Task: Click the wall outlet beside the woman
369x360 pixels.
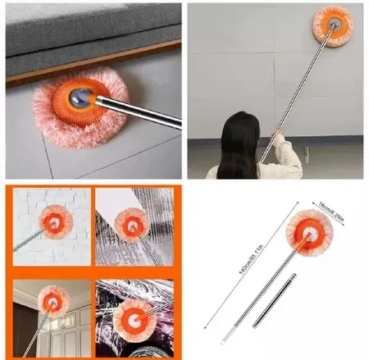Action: (x=306, y=154)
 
